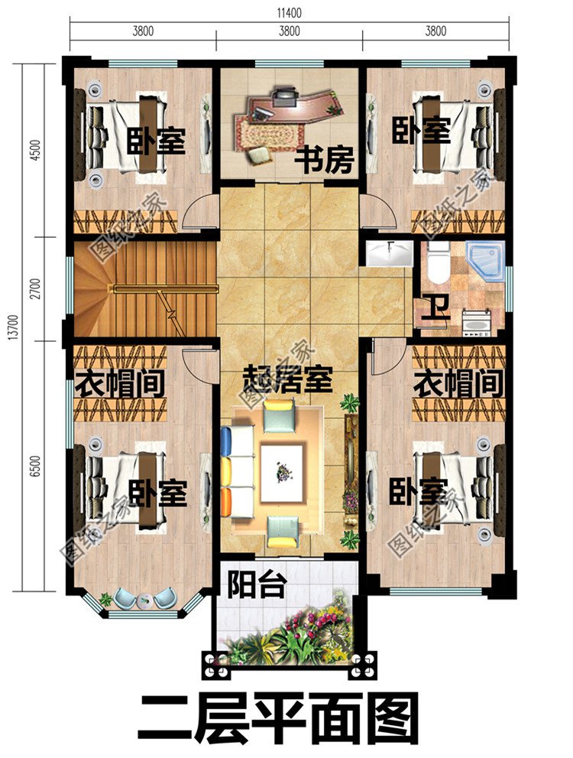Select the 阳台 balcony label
(x=257, y=586)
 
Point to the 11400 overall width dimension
(x=289, y=11)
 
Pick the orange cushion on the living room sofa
(x=226, y=501)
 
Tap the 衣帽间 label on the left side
(x=120, y=382)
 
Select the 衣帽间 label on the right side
(x=458, y=382)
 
